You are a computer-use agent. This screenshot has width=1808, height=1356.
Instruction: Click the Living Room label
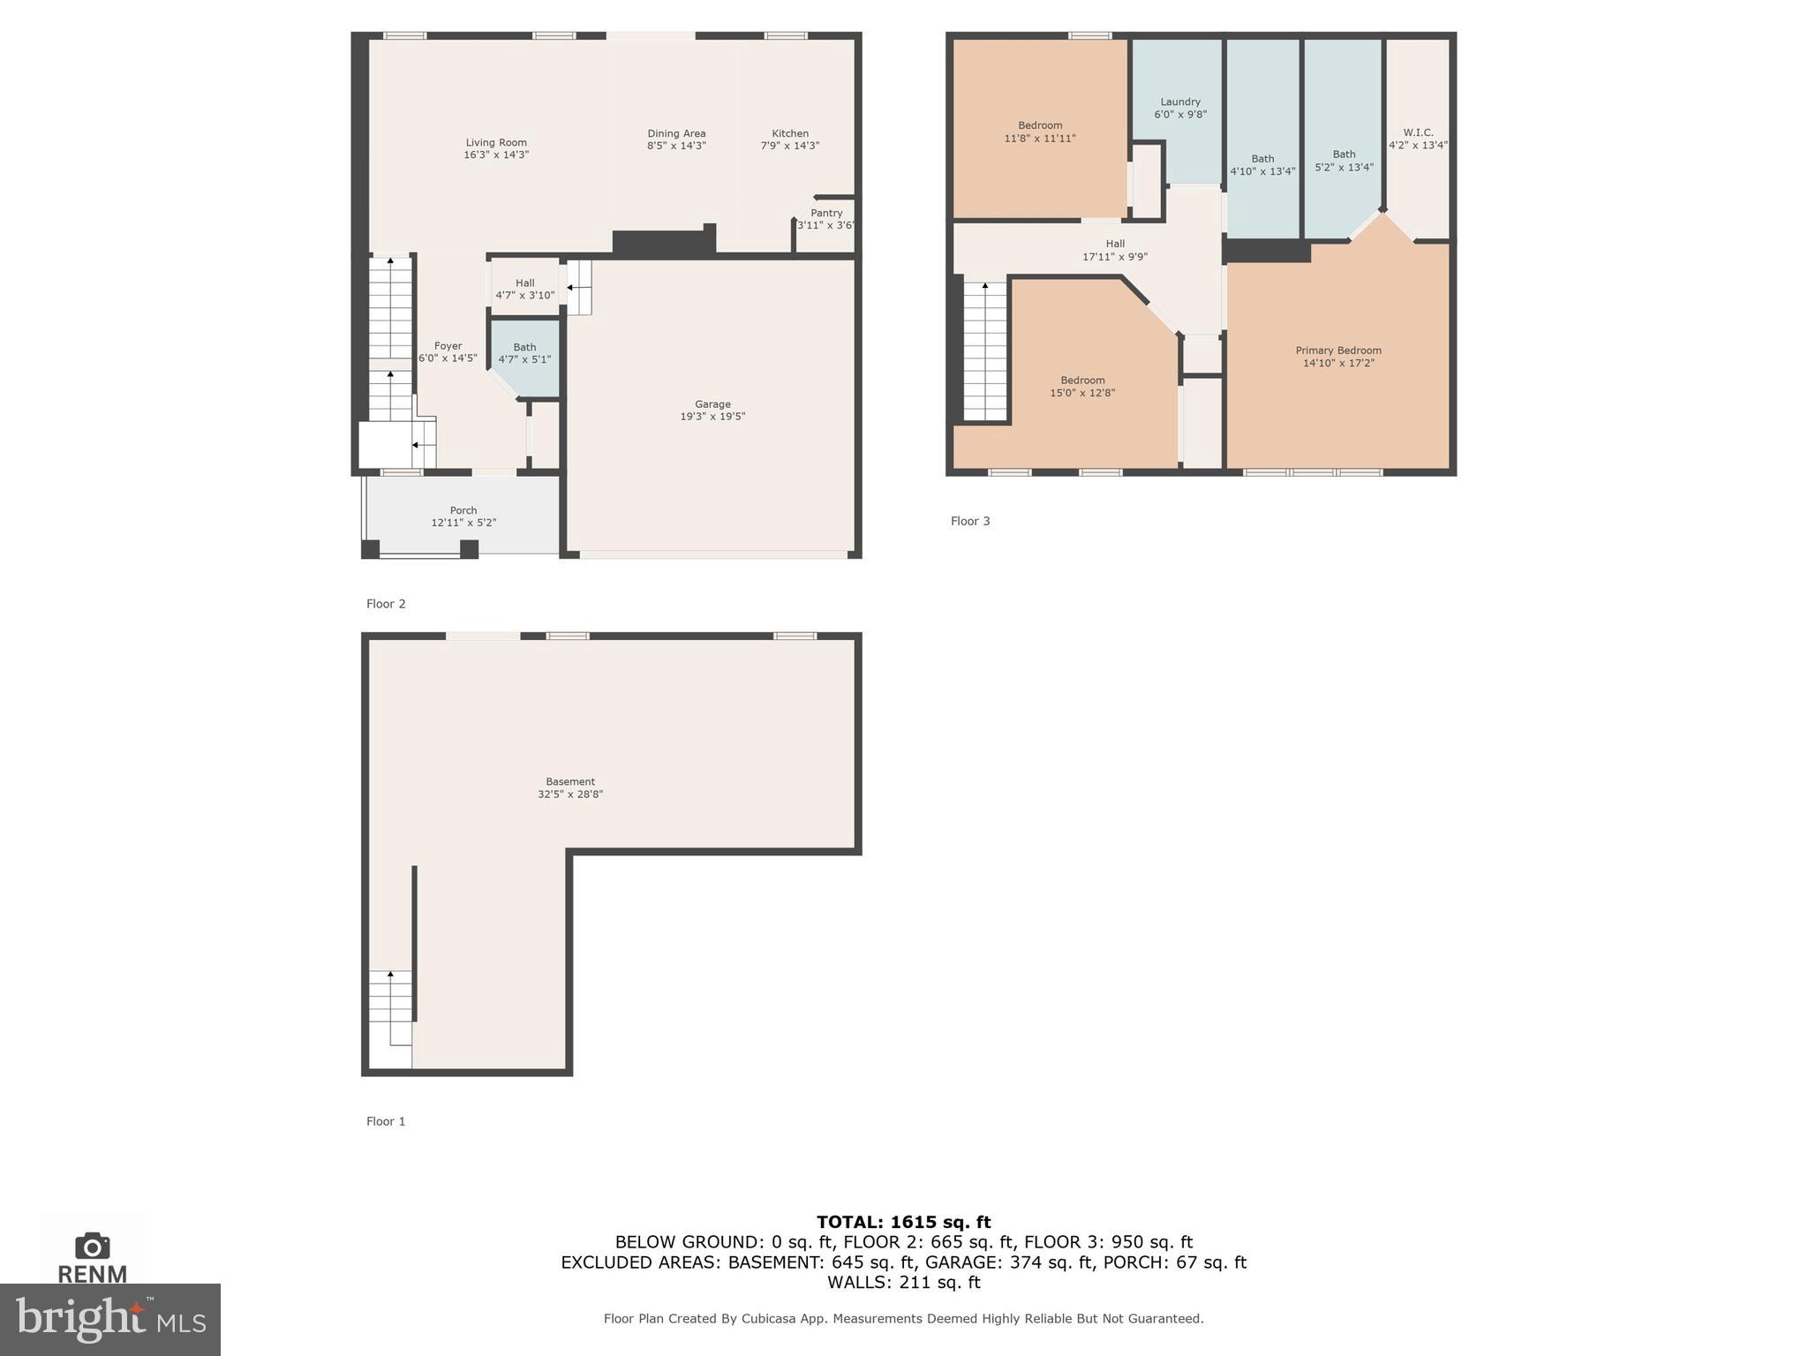[496, 142]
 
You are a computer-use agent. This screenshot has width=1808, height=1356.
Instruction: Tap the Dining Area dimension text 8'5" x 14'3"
[676, 147]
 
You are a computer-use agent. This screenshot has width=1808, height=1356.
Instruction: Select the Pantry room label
[826, 213]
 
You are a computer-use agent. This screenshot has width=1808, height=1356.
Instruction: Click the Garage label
[712, 404]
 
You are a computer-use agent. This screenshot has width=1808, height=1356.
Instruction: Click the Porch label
[463, 510]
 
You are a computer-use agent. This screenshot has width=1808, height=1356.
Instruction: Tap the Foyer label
[448, 346]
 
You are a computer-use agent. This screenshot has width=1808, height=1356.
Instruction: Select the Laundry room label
[1180, 102]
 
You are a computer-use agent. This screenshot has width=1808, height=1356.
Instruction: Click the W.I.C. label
[1418, 132]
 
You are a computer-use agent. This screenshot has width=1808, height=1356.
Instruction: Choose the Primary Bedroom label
[1338, 350]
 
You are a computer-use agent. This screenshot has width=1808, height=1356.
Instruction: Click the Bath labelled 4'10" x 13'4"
[1262, 165]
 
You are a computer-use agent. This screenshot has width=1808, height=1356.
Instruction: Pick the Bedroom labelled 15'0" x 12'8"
[1082, 387]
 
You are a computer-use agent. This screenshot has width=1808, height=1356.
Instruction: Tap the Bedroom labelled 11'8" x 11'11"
[1040, 132]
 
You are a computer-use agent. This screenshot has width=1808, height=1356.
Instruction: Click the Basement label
[570, 781]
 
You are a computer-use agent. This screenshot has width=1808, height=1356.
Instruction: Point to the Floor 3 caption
[970, 521]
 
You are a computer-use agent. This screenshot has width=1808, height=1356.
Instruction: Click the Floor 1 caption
[386, 1121]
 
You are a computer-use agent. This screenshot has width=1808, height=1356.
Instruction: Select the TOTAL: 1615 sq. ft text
[903, 1222]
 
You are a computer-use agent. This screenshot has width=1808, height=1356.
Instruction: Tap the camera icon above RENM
[93, 1246]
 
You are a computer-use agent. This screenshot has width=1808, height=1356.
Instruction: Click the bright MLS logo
[110, 1320]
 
